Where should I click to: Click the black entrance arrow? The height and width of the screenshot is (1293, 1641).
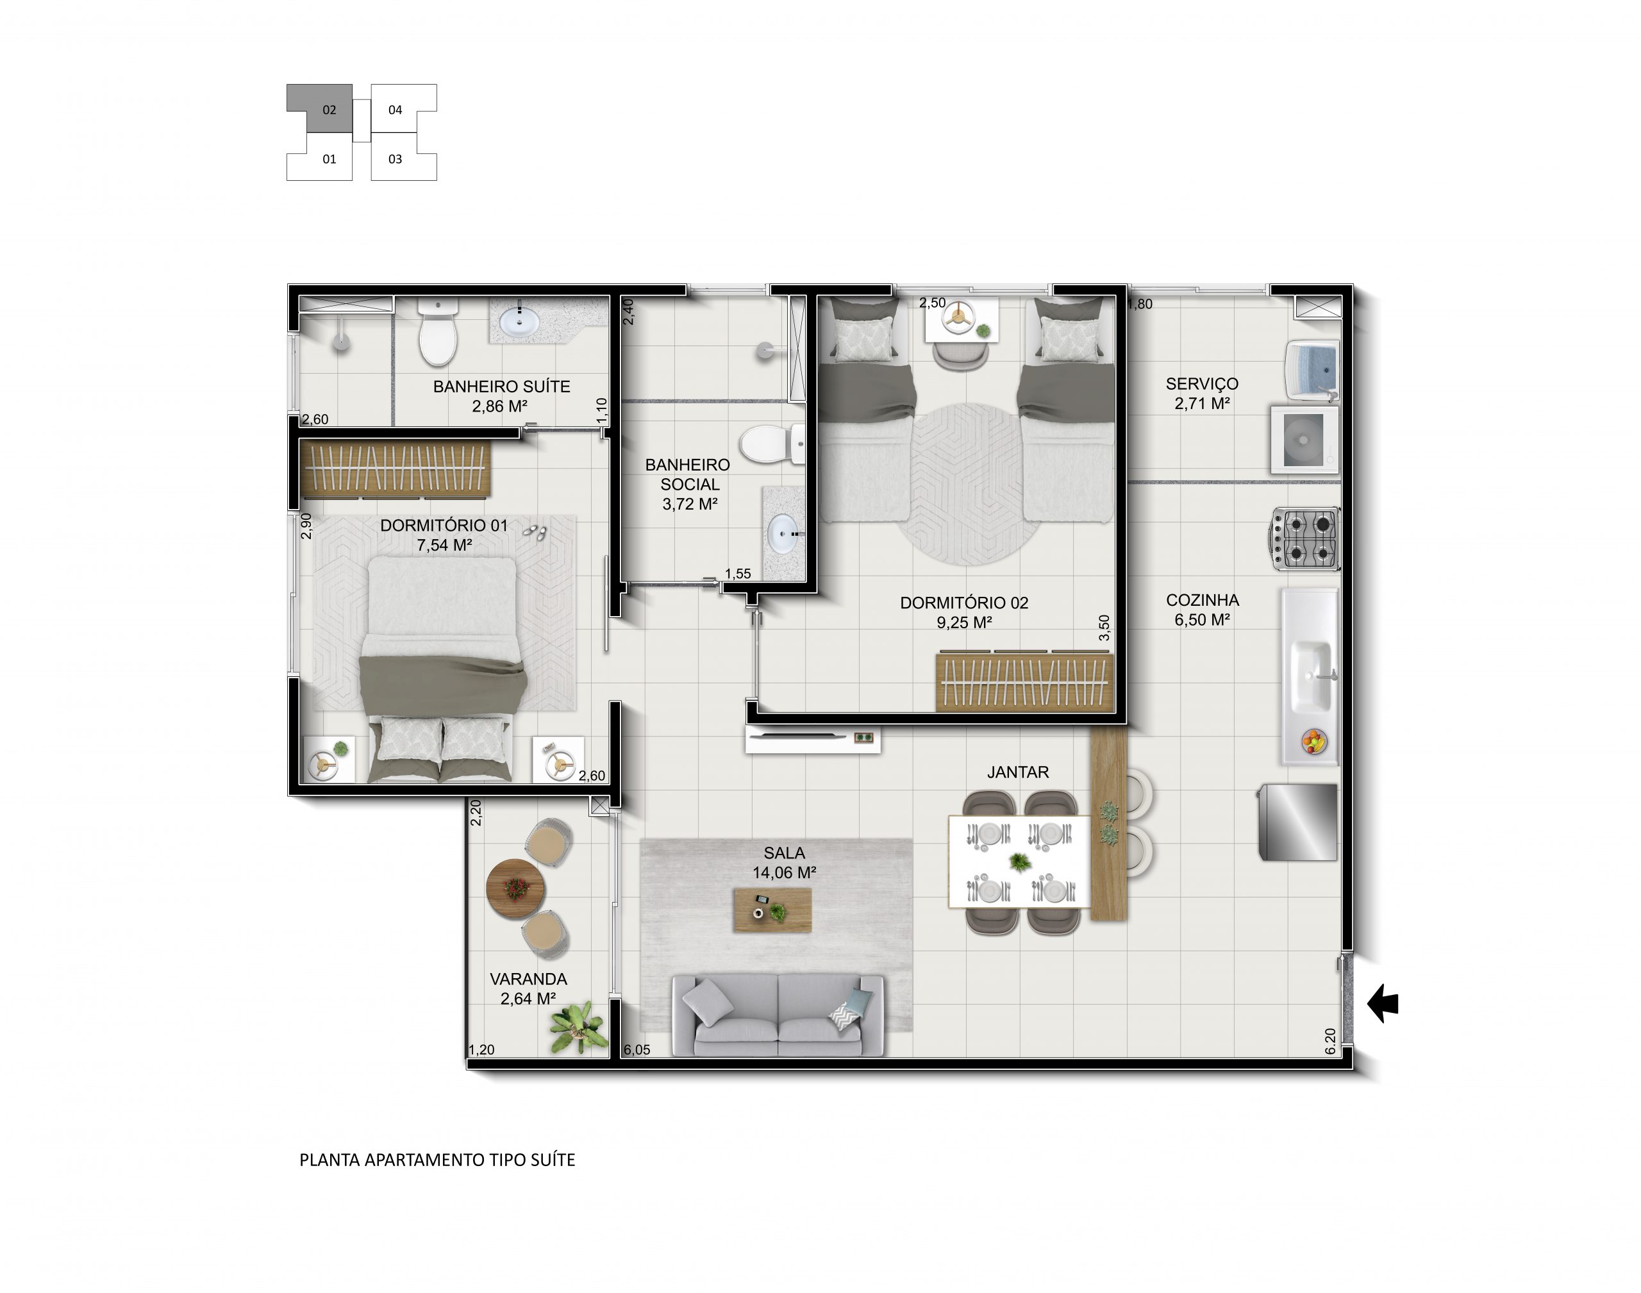1382,1003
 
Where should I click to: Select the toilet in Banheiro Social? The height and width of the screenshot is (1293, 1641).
772,443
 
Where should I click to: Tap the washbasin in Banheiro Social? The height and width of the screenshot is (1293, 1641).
783,534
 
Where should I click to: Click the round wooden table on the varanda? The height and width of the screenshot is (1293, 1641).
515,888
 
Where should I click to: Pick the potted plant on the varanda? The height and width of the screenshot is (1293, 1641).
578,1027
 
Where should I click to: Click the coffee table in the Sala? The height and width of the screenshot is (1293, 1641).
772,910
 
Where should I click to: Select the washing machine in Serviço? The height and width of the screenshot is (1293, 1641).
1305,440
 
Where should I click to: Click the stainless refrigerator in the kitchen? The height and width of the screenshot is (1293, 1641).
1298,821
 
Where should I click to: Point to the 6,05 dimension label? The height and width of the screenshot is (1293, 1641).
637,1050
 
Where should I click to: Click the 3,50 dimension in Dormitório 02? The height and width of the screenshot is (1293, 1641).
1104,628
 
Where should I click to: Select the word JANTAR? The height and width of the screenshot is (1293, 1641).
1017,772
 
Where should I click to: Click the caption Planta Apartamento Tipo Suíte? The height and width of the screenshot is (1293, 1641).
438,1160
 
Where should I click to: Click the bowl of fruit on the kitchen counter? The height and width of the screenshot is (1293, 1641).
1314,741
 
